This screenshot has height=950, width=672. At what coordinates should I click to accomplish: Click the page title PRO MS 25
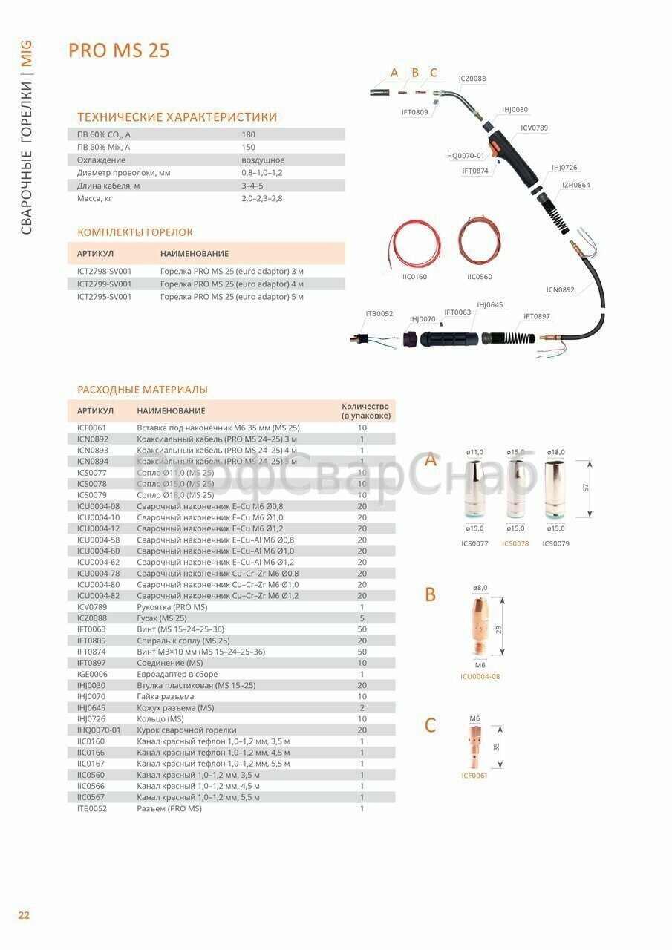click(119, 50)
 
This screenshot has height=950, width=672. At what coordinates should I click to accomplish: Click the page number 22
click(24, 914)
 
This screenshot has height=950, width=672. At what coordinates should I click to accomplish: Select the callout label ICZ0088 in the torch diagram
click(472, 78)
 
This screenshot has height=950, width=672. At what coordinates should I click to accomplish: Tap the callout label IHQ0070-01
click(464, 156)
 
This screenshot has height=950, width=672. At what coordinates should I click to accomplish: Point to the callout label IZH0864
click(576, 185)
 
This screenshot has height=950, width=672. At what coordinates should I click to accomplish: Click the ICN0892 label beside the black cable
click(561, 289)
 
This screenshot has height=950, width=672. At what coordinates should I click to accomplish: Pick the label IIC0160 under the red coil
click(414, 277)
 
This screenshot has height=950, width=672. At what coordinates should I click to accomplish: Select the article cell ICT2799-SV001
click(105, 284)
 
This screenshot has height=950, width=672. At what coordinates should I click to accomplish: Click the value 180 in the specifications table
click(249, 134)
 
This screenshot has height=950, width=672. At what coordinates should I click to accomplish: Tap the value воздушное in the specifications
click(263, 160)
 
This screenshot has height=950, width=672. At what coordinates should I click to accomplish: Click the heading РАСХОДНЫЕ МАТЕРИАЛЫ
click(143, 390)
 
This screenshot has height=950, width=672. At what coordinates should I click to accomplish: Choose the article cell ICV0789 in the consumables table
click(91, 606)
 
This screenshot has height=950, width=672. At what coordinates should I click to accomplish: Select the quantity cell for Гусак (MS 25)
click(362, 617)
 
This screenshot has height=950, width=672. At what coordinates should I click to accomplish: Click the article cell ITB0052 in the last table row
click(92, 808)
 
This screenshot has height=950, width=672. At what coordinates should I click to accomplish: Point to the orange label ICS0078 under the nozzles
click(515, 543)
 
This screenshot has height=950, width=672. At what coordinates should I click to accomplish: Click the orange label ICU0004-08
click(480, 676)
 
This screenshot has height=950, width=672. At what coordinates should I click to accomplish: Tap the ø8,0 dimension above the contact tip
click(480, 588)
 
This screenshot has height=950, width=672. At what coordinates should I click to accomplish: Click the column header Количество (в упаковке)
click(365, 411)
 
